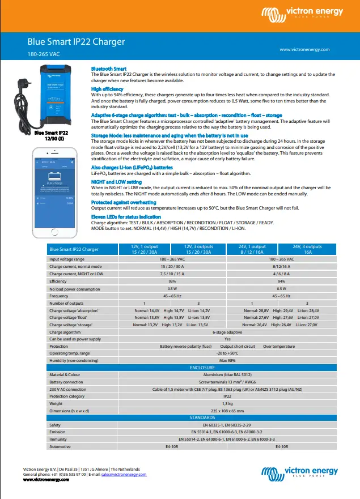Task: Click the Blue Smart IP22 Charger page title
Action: (76, 42)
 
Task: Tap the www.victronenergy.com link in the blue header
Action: (304, 50)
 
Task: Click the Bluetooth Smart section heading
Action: (109, 69)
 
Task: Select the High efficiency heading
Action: (107, 89)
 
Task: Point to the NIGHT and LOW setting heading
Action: (117, 181)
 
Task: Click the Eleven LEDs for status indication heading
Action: (125, 217)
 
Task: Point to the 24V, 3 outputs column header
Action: (307, 249)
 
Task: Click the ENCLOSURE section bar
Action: (202, 368)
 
